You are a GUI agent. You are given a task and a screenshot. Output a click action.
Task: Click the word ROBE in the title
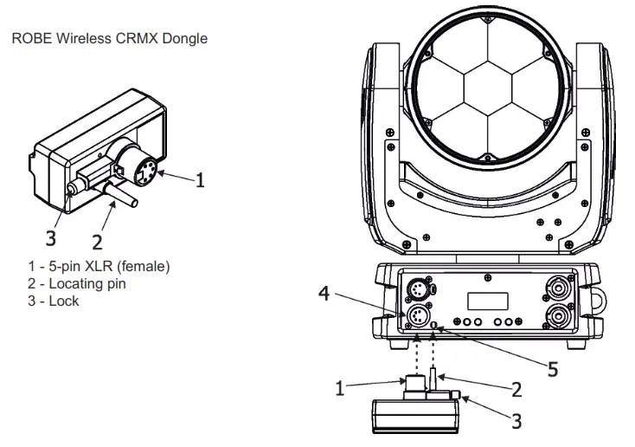click(30, 39)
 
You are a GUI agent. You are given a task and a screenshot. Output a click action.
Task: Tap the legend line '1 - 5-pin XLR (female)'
click(99, 267)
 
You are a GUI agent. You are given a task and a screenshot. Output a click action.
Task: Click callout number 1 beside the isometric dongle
click(200, 180)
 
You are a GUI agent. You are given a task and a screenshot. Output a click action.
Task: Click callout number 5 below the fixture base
click(552, 367)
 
